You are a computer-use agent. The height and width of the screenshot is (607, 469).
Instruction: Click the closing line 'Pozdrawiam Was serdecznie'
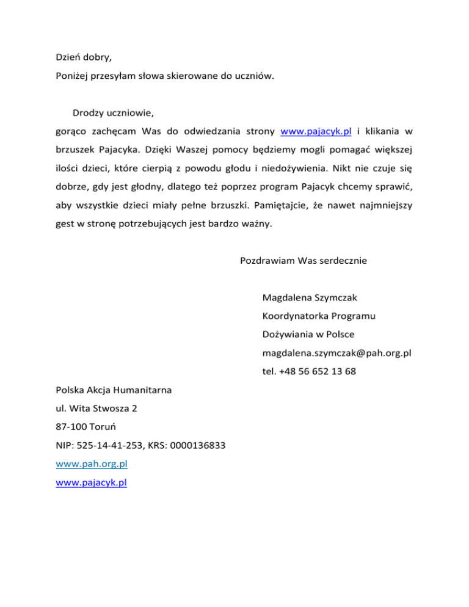[x=303, y=261]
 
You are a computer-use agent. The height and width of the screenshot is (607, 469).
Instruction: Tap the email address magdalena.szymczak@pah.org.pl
[x=336, y=353]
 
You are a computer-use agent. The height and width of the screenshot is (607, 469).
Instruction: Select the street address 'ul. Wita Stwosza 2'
[x=96, y=409]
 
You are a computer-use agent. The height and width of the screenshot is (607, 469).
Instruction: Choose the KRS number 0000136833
[x=195, y=445]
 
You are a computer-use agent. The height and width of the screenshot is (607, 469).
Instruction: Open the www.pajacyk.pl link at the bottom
[x=91, y=482]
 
